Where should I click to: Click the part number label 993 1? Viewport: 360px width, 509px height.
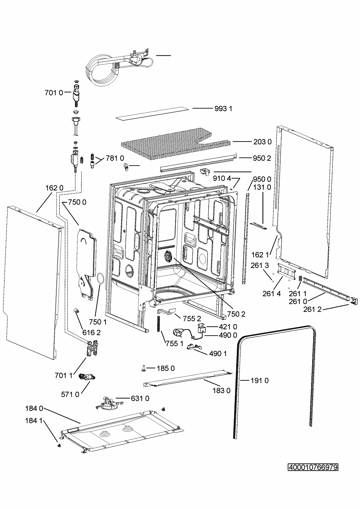pyautogui.click(x=223, y=109)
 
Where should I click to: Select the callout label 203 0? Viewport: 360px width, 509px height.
pyautogui.click(x=262, y=142)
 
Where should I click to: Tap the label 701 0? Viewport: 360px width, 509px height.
pyautogui.click(x=54, y=92)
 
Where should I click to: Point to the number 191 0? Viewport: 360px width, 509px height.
pyautogui.click(x=260, y=381)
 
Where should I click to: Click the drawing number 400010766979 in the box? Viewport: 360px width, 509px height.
pyautogui.click(x=313, y=468)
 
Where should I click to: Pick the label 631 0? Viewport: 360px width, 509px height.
pyautogui.click(x=140, y=398)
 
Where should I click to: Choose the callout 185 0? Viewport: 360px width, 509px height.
pyautogui.click(x=166, y=369)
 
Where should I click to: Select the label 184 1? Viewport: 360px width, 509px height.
pyautogui.click(x=34, y=421)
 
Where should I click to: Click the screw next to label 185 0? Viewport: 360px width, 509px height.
pyautogui.click(x=144, y=369)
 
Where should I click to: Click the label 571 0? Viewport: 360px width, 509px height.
pyautogui.click(x=70, y=394)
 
